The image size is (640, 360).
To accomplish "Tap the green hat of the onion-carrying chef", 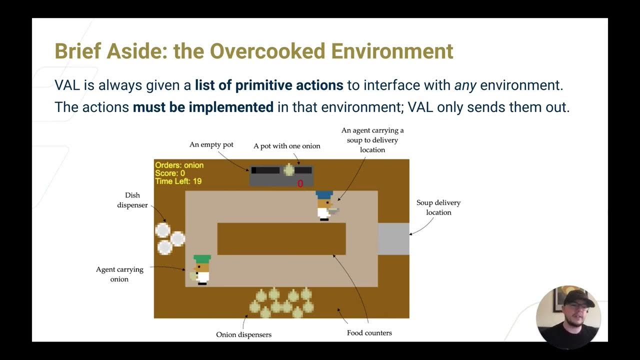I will click(202, 258).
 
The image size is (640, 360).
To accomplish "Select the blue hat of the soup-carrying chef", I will click(324, 194).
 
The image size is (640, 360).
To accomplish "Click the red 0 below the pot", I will click(300, 184).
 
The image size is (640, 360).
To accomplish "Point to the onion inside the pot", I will click(289, 170).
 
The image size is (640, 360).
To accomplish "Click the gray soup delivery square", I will click(393, 239).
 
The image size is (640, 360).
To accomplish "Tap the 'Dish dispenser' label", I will click(132, 200).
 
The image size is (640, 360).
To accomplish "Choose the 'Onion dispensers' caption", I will click(243, 334).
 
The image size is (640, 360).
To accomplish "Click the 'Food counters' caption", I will click(369, 332).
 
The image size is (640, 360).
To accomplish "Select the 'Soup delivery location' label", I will click(438, 207).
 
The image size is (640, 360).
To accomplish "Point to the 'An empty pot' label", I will click(211, 144).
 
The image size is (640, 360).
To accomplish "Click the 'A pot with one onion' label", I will click(286, 146).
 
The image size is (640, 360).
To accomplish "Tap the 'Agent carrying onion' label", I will click(119, 274).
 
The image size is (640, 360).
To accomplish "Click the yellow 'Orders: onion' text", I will click(179, 165).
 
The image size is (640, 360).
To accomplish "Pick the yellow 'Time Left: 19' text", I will click(178, 181).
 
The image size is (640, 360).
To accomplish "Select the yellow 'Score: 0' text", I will click(170, 173).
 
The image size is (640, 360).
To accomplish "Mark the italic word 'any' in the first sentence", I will click(464, 85).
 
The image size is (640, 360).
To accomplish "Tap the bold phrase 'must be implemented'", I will click(203, 107).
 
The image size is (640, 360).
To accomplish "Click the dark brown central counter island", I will click(281, 238).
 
